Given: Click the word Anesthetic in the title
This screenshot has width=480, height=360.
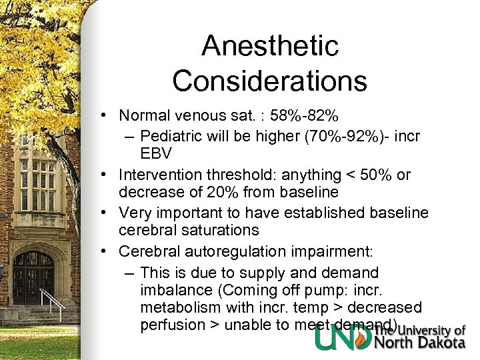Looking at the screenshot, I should tap(270, 46).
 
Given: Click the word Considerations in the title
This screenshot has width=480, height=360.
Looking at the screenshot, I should tap(270, 81).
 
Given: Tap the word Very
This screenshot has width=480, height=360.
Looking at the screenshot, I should tap(135, 213).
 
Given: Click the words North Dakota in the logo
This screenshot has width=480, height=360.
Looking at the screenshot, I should tap(420, 343).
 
